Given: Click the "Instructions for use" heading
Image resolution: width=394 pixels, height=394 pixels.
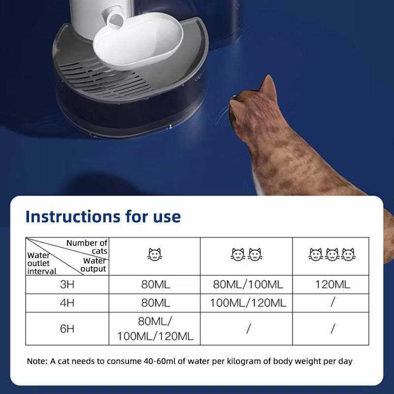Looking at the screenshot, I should (x=103, y=216).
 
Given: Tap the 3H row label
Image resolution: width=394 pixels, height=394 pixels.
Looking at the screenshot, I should (x=67, y=284).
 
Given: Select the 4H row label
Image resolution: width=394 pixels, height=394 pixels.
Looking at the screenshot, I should (x=67, y=302).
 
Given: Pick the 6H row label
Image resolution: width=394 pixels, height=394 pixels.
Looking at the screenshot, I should (x=67, y=328).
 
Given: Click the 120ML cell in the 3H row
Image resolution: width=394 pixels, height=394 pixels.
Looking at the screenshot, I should (x=333, y=284).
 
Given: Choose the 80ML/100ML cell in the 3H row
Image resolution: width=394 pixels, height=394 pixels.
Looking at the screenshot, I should (x=248, y=284).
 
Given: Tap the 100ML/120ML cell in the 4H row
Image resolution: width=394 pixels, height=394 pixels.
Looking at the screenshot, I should (x=248, y=302).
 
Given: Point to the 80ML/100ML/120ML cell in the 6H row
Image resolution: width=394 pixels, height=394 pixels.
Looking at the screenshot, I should (x=155, y=328).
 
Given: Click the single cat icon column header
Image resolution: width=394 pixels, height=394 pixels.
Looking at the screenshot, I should (x=155, y=255).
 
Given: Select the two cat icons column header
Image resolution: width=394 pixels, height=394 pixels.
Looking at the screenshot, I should (x=247, y=255).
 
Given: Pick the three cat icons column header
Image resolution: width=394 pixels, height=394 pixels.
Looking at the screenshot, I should (x=332, y=255).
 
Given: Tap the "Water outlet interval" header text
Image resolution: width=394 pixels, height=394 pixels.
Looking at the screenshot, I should (x=42, y=263).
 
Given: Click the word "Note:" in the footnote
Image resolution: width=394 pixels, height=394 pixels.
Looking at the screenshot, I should (x=37, y=361).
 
